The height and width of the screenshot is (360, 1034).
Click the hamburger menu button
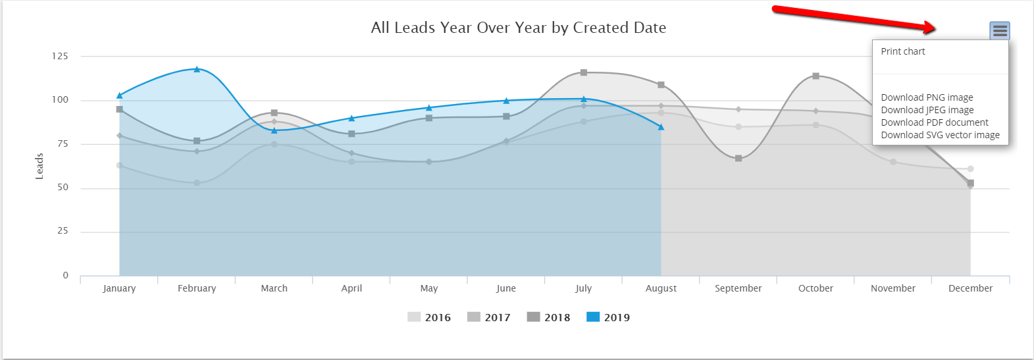999,30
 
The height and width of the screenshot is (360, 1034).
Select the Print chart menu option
903,51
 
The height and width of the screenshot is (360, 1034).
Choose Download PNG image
927,97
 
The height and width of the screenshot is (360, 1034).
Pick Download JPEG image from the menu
927,110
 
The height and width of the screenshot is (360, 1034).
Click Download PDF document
935,122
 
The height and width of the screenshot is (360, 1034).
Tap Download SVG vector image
940,135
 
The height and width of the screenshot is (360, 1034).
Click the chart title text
519,28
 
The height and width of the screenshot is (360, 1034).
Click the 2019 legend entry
608,317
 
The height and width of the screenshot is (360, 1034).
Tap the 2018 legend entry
549,317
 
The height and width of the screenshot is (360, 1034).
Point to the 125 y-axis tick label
60,57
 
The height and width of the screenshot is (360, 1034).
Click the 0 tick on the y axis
65,276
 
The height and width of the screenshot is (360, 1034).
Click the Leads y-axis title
39,166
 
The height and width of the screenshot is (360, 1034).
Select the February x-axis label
197,288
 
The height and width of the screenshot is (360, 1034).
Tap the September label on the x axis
738,288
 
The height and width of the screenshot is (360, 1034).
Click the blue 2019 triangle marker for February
197,69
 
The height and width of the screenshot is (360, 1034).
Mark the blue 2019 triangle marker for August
661,127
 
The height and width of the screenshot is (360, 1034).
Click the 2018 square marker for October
815,76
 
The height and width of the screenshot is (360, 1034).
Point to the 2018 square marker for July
584,72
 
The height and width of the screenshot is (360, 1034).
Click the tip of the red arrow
935,28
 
